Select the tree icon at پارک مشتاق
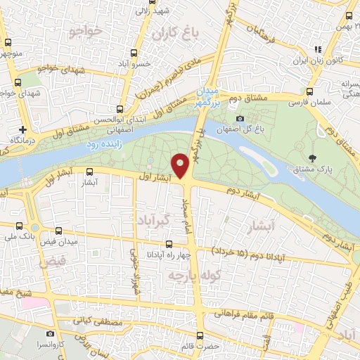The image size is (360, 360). (x=311, y=157)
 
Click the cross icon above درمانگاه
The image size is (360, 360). (x=23, y=129)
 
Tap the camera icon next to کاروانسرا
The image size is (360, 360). (x=50, y=333)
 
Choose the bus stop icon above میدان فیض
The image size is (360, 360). (x=58, y=230)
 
